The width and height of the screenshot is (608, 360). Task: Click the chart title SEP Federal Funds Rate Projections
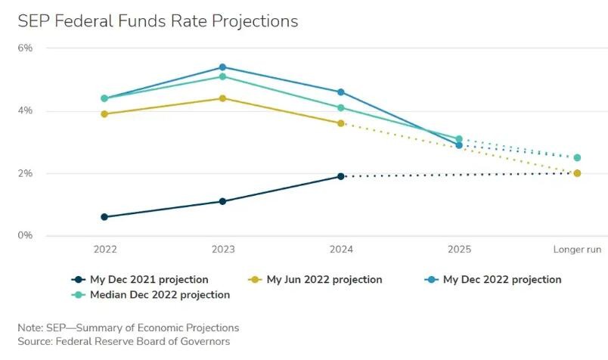coord(158,20)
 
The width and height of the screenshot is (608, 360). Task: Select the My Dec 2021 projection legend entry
coord(139,280)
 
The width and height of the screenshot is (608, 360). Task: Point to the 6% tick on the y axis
coord(25,48)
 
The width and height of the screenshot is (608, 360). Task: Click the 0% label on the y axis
coord(25,236)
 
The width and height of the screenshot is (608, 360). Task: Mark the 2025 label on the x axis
coord(459,249)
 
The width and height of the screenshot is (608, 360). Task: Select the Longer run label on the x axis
coord(577,249)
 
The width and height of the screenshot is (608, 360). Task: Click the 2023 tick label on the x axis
coord(222,249)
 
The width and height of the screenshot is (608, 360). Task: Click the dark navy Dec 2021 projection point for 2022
coord(104,217)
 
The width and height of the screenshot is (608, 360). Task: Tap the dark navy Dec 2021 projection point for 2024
coord(341,176)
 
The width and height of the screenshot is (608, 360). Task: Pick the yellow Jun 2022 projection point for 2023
coord(222,98)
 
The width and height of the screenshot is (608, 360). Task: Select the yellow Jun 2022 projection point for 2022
coord(104,114)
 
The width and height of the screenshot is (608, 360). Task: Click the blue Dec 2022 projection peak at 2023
coord(222,67)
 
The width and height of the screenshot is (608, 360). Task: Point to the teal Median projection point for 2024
coord(341,107)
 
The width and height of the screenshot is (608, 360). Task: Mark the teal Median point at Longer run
coord(577,158)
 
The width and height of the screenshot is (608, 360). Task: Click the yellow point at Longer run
coord(577,173)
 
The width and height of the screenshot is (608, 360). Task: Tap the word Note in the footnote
coord(29,327)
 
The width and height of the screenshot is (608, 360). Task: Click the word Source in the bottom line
coord(35,342)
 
